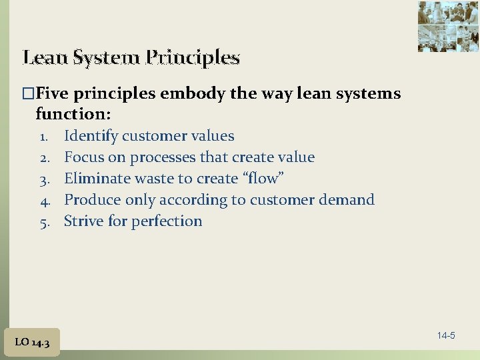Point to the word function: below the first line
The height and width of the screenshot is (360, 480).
tap(73, 114)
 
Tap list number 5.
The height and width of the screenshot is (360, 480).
tap(45, 222)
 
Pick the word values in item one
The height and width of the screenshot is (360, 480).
tap(211, 136)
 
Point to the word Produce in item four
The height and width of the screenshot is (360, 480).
tap(91, 200)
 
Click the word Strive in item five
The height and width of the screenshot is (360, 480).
tap(83, 221)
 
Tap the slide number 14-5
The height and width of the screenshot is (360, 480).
tap(446, 335)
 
